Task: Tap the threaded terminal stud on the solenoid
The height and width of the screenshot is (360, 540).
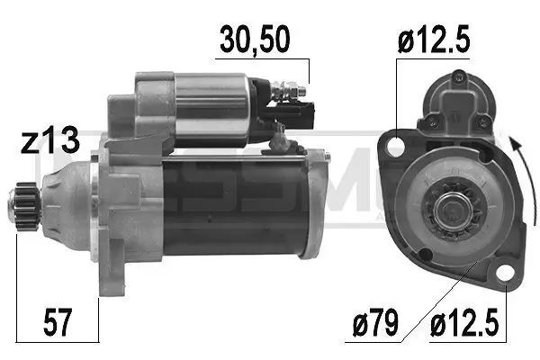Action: [292, 90]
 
